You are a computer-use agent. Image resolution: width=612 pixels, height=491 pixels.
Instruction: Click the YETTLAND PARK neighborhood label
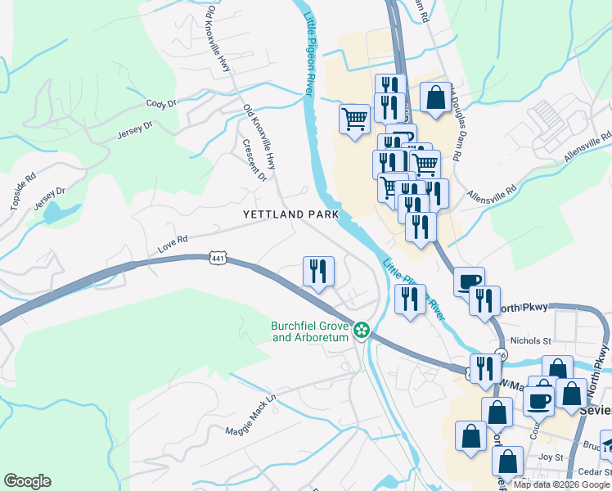290,214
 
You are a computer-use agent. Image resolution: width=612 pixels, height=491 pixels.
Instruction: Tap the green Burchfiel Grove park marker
361,331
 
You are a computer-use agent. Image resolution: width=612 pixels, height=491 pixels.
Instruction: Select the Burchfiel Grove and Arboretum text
311,331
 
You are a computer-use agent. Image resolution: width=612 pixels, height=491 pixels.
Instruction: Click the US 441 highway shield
217,259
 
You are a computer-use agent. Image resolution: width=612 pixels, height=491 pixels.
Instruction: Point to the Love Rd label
173,240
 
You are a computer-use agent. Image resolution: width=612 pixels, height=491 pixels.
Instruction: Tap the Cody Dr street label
161,104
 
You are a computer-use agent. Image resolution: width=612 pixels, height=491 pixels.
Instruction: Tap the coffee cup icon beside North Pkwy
469,282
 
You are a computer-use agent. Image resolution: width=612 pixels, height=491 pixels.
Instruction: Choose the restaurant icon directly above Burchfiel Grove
318,272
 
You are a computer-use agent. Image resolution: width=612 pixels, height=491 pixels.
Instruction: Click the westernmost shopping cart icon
354,119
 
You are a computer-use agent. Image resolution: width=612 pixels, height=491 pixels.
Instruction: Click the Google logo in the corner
27,481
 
